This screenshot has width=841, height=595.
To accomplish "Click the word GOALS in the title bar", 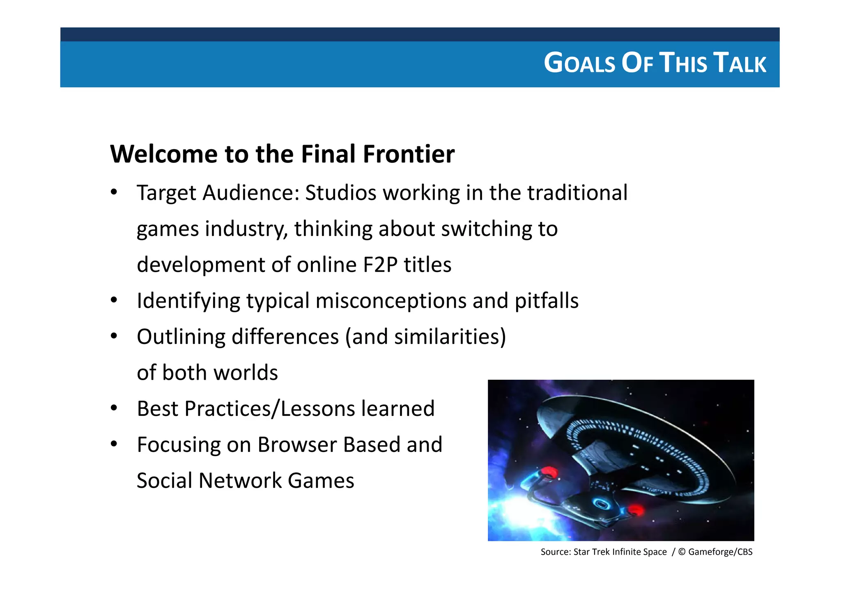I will coord(579,64).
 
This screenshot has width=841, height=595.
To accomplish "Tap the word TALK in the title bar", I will coord(740,64).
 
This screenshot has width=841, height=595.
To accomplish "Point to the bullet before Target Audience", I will coord(114,192).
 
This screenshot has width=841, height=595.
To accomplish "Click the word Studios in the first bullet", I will coord(340,193).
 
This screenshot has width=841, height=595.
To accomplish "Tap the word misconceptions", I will coord(391,301).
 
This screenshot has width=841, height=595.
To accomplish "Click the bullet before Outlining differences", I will coord(114,336).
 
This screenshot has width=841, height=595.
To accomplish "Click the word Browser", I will coord(297,445).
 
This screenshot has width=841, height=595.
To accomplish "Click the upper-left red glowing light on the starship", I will coord(549,472).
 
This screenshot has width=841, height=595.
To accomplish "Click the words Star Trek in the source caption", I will coord(591,552).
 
